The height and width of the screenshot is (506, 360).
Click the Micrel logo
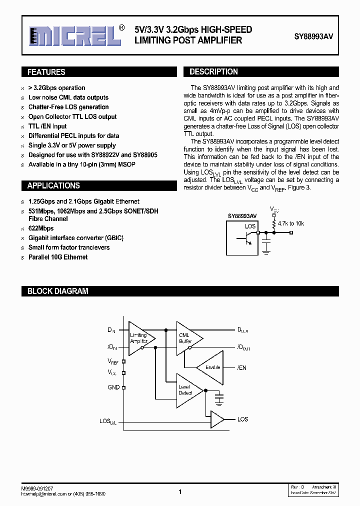click(x=75, y=35)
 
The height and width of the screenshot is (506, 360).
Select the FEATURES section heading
click(x=46, y=72)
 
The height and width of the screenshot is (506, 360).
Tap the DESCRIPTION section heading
click(x=213, y=71)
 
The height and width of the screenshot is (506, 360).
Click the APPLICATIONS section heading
click(x=53, y=185)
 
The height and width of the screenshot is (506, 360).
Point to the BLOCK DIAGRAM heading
click(x=57, y=291)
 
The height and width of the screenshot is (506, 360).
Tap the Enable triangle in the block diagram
click(x=211, y=367)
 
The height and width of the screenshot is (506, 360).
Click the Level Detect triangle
click(x=187, y=389)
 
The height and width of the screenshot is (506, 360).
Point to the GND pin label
click(x=113, y=387)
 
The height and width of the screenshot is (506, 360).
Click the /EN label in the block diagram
click(x=241, y=368)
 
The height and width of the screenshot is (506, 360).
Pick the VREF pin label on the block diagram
click(x=113, y=361)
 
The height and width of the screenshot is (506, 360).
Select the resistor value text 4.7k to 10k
click(x=291, y=223)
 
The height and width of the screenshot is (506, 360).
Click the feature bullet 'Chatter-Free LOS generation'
click(x=68, y=107)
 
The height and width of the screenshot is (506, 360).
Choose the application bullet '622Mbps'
click(x=41, y=228)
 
